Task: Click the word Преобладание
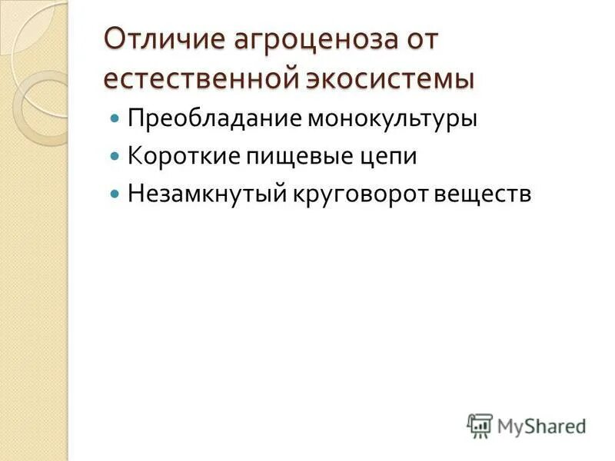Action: (214, 119)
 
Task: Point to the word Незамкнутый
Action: (204, 193)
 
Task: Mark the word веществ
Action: (483, 193)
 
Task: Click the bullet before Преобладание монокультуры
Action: (115, 120)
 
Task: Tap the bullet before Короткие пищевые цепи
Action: (115, 157)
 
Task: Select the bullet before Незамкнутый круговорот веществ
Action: (115, 194)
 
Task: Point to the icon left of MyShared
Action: (479, 425)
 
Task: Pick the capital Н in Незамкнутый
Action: (136, 193)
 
